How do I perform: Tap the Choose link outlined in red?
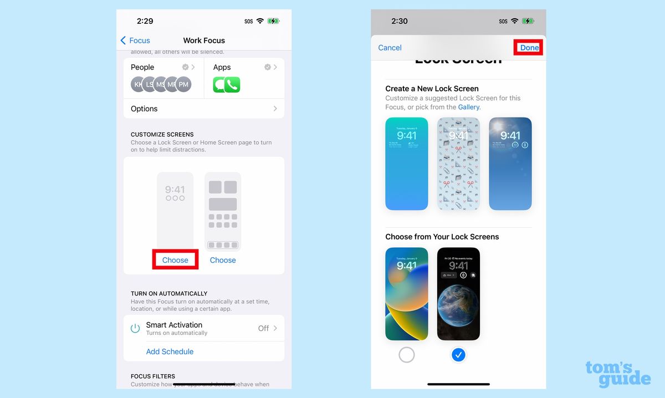pos(175,260)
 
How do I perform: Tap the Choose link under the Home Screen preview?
pos(223,260)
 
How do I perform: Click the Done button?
pos(529,48)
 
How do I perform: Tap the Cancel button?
pos(390,48)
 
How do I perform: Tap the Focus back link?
pos(135,40)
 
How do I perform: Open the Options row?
pos(203,109)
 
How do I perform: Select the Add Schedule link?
pos(170,351)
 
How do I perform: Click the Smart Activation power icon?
pos(135,328)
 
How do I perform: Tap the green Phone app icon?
pos(233,85)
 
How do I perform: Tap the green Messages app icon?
pos(220,85)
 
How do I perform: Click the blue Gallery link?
pos(469,107)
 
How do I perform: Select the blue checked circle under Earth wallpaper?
pos(458,355)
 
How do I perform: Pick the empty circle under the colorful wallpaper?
pos(407,355)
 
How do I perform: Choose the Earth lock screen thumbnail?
pos(458,294)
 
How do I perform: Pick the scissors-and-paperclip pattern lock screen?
pos(458,164)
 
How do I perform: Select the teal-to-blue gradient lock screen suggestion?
pos(407,164)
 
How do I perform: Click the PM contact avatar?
pos(183,85)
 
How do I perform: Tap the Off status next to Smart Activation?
pos(263,328)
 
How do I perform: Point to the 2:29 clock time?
pos(145,21)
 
